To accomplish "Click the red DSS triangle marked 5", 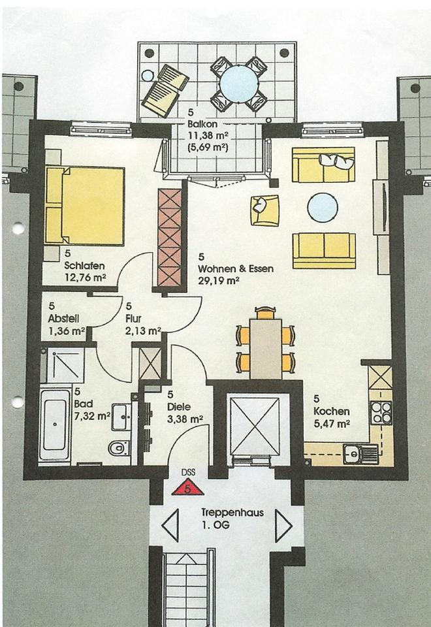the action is coord(187,488).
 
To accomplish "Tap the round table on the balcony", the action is coord(239,85).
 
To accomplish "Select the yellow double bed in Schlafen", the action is coord(85,206).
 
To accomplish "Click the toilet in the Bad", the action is coord(119,447).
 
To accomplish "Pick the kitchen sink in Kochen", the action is coord(360,455).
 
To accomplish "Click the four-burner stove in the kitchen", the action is coord(381,413).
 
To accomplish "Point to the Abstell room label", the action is coord(63,318).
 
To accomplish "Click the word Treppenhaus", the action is coord(232,513).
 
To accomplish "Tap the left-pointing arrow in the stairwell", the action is coord(170,525).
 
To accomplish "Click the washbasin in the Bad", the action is coord(121,417).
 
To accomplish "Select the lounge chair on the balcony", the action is coord(165,91).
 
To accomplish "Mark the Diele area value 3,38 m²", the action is coord(185,419).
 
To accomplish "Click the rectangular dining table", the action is coord(266,348).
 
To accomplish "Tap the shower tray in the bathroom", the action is coord(65,366).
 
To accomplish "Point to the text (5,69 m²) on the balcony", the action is coord(208,147).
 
